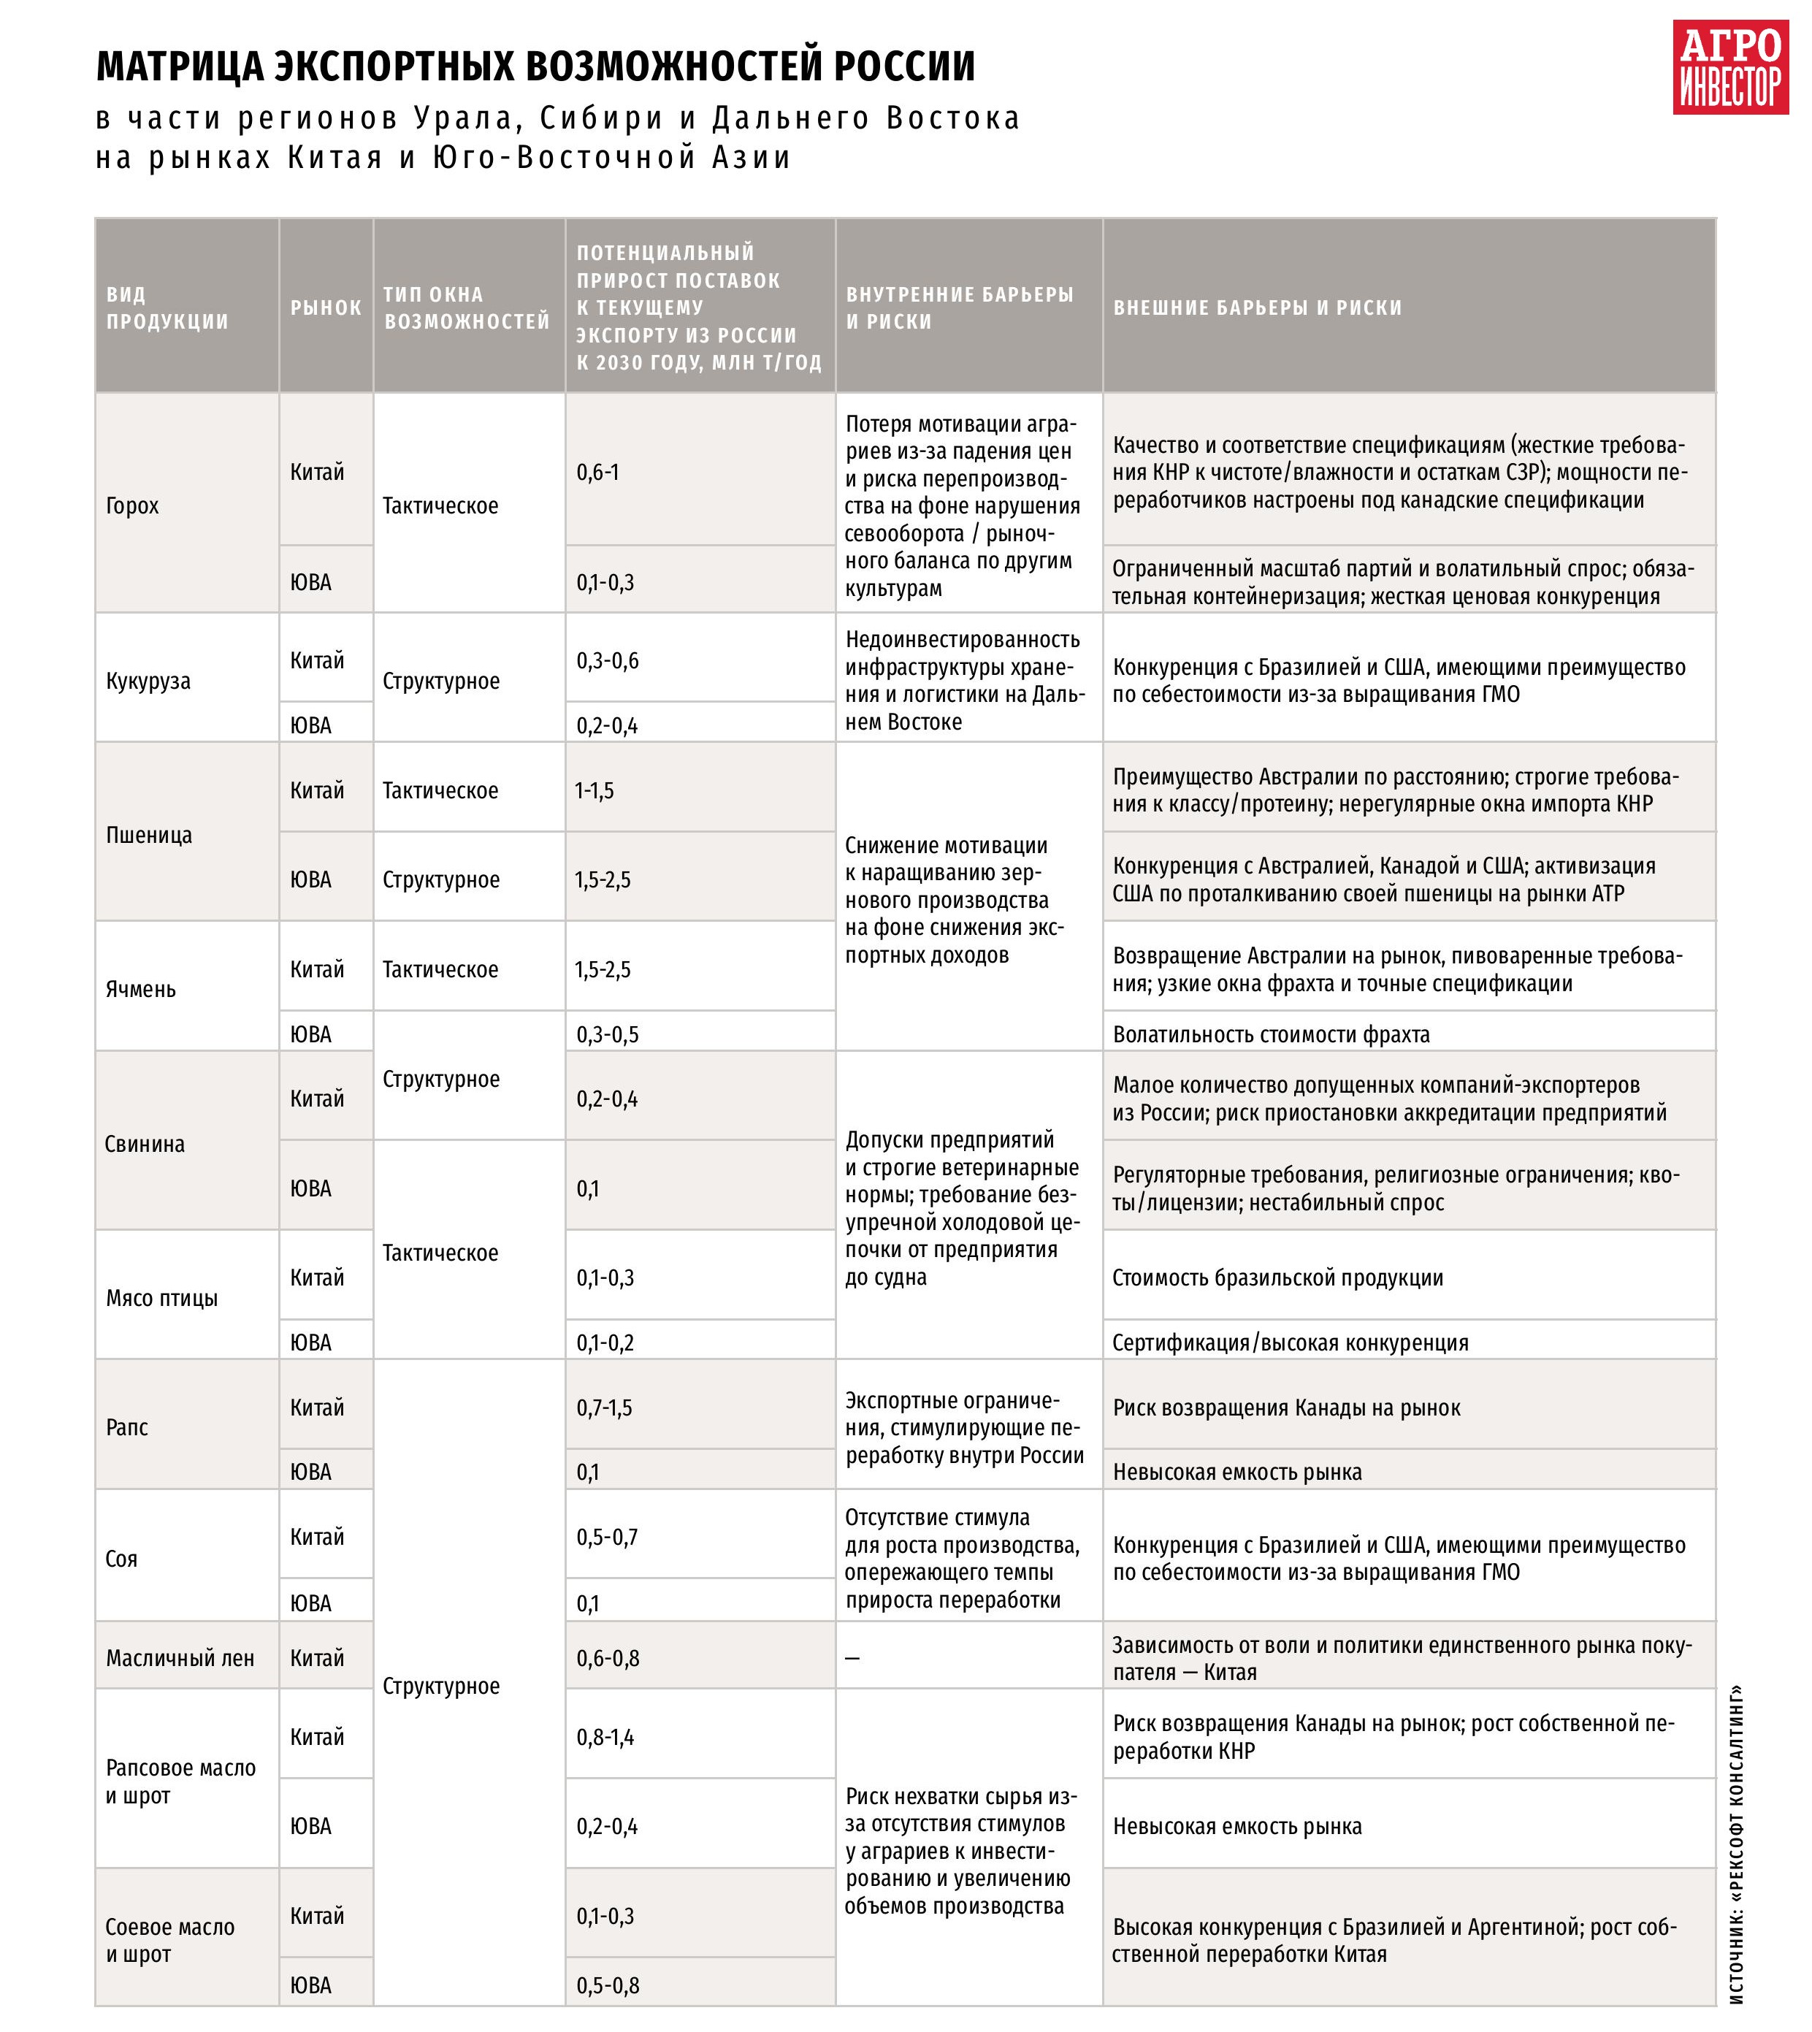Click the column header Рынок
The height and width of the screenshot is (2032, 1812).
coord(326,308)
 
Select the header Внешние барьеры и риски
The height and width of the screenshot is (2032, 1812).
coord(1256,308)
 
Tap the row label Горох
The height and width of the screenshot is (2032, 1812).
coord(132,505)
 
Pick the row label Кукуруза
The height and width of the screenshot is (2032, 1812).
coord(148,681)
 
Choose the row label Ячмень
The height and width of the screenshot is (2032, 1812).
coord(140,989)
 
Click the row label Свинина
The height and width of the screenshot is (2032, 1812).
coord(145,1143)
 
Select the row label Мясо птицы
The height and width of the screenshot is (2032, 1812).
coord(161,1297)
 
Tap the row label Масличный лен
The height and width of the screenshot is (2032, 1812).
coord(180,1657)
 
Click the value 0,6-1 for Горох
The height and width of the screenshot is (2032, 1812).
coord(597,472)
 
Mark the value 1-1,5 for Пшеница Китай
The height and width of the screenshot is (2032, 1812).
coord(595,790)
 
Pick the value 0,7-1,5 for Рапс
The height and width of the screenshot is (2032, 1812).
coord(604,1407)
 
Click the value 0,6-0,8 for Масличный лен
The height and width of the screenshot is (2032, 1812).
coord(608,1657)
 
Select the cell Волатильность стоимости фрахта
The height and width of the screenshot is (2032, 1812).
coord(1270,1034)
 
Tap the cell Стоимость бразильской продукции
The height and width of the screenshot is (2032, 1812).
coord(1277,1277)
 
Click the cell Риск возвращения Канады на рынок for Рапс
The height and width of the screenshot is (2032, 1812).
coord(1286,1407)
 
